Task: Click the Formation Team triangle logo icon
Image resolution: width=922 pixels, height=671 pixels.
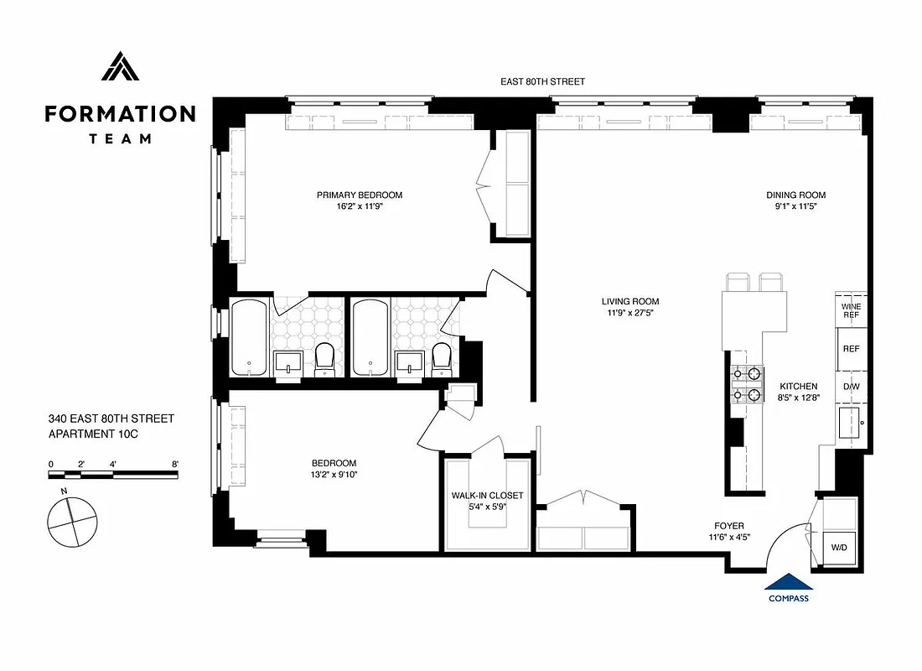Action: point(120,67)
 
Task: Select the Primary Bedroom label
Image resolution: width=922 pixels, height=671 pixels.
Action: point(359,195)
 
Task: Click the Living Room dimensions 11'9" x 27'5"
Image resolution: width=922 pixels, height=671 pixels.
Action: point(629,313)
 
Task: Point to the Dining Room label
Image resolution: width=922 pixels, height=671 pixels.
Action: point(801,195)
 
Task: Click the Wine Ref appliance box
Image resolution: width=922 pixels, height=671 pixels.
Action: point(851,309)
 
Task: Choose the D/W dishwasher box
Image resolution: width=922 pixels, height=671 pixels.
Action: point(851,388)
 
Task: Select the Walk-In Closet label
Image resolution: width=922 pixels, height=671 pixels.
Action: point(487,495)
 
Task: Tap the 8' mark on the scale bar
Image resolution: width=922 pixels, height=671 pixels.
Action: point(174,464)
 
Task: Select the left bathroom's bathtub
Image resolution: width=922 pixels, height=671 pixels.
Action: point(249,337)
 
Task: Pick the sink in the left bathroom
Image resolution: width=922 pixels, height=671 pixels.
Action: point(288,362)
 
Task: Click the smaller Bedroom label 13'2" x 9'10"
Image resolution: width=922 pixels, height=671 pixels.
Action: point(334,470)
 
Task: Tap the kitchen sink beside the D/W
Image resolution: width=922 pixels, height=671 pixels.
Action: point(851,421)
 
